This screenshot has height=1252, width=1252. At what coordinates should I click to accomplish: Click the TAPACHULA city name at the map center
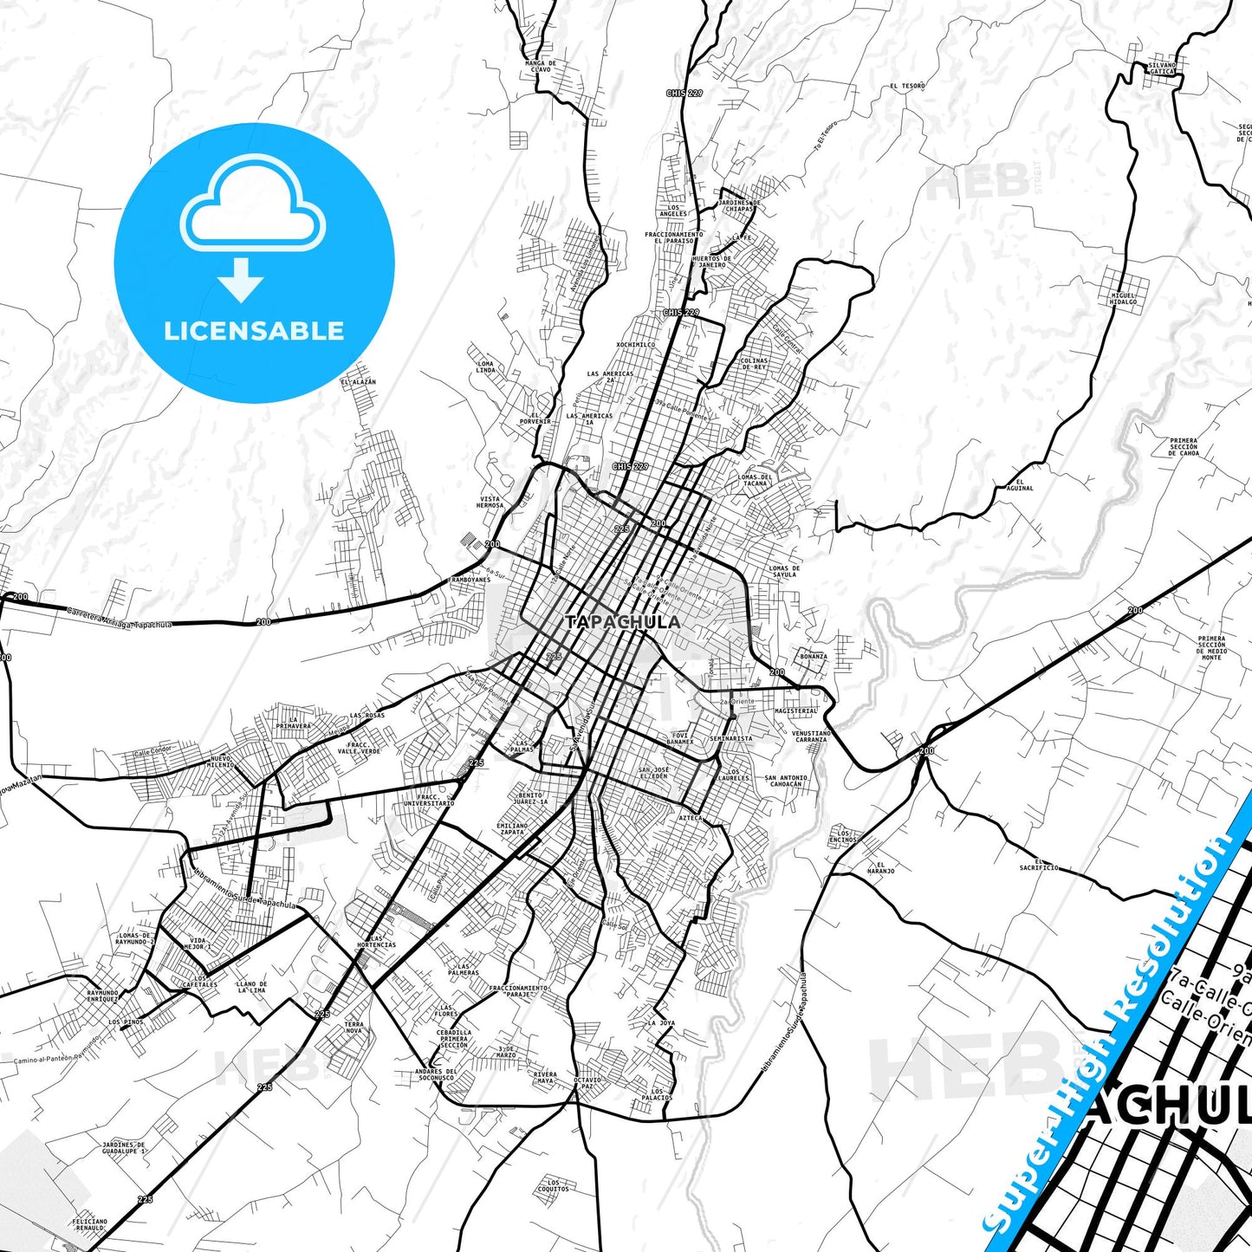[622, 622]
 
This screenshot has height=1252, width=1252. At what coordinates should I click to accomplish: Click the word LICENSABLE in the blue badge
[254, 331]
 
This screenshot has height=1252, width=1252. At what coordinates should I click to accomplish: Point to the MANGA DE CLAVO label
[541, 66]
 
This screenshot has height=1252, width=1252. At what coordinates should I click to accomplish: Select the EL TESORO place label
[907, 87]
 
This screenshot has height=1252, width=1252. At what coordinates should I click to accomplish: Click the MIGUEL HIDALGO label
[1123, 299]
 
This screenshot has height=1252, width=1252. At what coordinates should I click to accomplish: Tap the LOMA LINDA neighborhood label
[485, 367]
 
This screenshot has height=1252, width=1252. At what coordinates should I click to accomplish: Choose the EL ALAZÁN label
[359, 381]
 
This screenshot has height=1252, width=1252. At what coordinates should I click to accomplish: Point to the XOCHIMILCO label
[635, 344]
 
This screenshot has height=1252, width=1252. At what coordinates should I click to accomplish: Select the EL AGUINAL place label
[1020, 484]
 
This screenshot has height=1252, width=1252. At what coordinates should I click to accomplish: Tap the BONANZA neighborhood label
[813, 657]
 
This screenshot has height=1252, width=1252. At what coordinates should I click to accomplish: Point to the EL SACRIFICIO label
[1038, 866]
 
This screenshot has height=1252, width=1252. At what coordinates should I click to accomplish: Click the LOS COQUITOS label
[554, 1185]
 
